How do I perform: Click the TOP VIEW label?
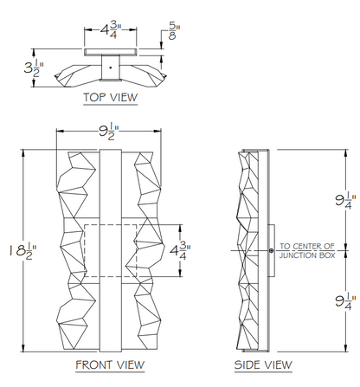[x=111, y=97]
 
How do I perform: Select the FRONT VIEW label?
[x=110, y=364]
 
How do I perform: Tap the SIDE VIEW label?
[x=263, y=364]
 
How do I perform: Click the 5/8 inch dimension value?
[x=174, y=31]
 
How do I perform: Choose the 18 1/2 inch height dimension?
[x=23, y=251]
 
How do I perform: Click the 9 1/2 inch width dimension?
[x=109, y=132]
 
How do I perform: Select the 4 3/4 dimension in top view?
[x=111, y=29]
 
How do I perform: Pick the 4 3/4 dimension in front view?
[x=180, y=250]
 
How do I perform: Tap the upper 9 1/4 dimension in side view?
[x=345, y=200]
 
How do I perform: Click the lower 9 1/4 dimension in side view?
[x=345, y=301]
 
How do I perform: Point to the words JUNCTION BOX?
[x=307, y=255]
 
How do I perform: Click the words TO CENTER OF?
[x=307, y=246]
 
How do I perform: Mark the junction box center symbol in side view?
[x=271, y=250]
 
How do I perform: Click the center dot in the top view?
[x=110, y=68]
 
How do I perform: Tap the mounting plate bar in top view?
[x=111, y=52]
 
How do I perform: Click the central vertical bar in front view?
[x=111, y=250]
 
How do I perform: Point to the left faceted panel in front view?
[x=77, y=250]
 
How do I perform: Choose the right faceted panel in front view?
[x=148, y=250]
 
